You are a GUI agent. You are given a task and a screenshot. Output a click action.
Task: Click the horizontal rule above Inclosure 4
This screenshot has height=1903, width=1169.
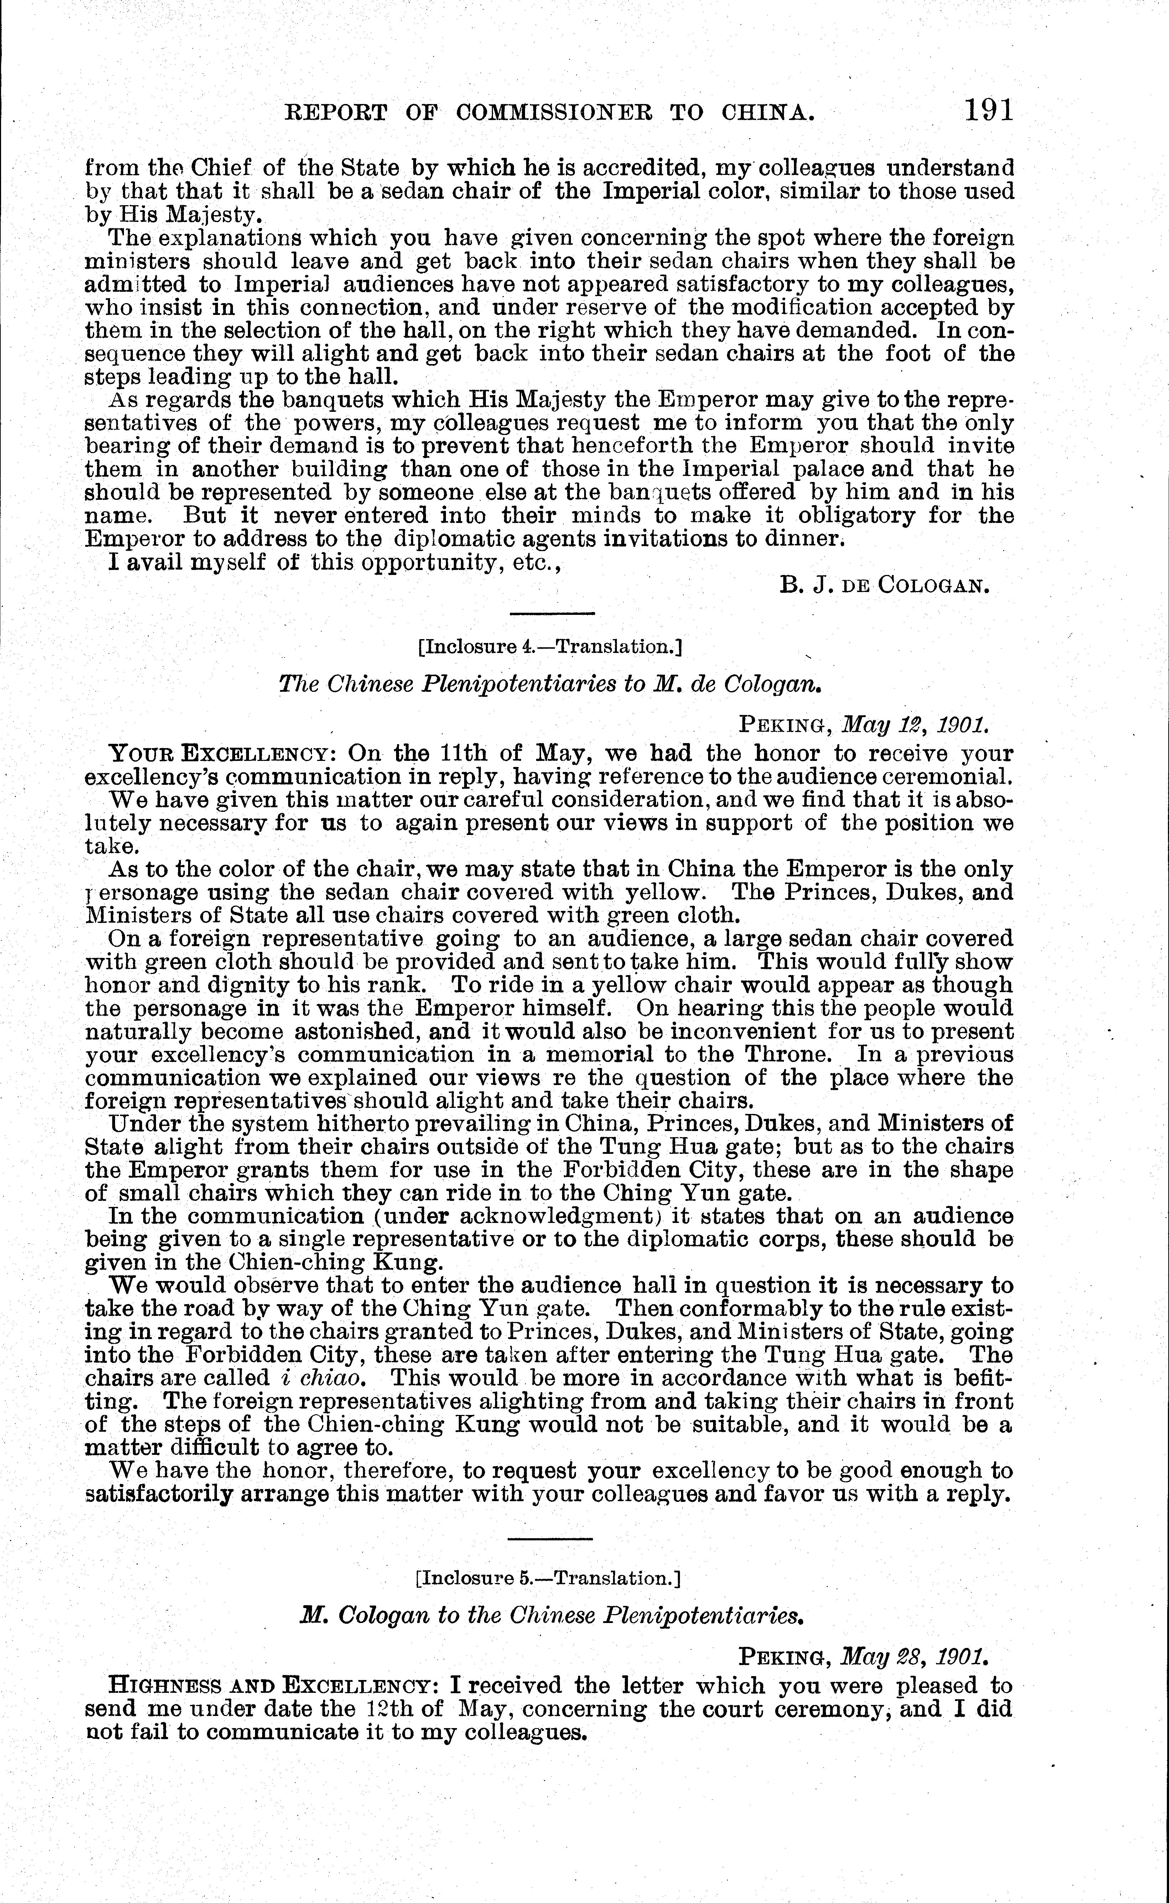tap(551, 614)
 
